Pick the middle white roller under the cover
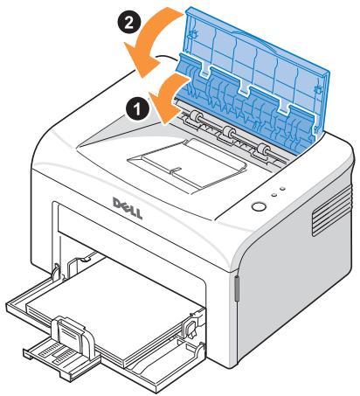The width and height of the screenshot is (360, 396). pos(229,134)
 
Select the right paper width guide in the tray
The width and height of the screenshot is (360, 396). pos(186,328)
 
